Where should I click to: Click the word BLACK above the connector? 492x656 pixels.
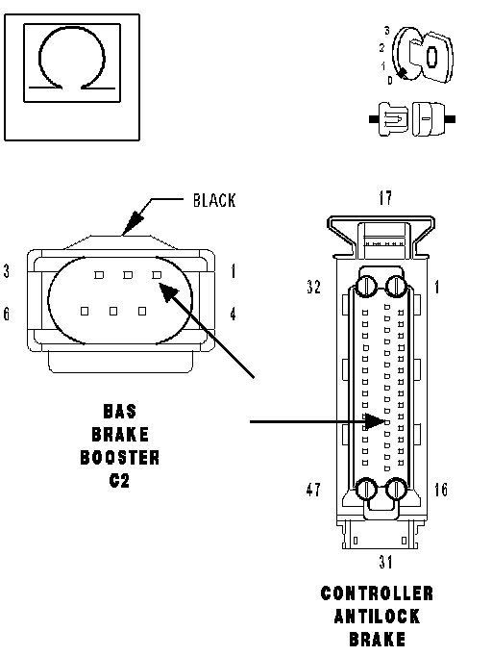214,200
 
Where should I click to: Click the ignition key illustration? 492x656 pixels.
423,55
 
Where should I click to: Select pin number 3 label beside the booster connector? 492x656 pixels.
7,271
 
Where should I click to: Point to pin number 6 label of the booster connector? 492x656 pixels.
7,314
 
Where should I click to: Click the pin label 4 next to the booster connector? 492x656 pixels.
233,314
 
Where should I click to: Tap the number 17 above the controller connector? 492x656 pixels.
385,198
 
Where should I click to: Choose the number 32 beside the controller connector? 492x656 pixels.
313,287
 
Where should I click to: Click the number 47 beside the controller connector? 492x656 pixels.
313,490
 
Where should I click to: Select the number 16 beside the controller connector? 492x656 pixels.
440,490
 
